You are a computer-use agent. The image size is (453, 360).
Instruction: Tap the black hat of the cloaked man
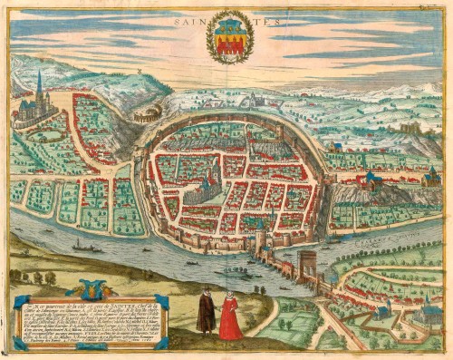[x=206, y=292]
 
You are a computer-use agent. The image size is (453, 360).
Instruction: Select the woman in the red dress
[x=230, y=316]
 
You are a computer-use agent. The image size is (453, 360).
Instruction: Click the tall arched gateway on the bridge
[x=308, y=267]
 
